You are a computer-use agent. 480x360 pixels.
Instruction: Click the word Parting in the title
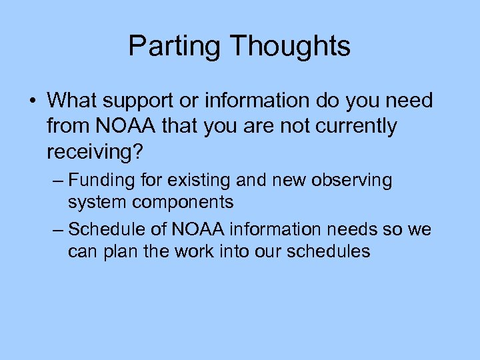coord(175,47)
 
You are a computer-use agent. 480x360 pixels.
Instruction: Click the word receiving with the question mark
coord(94,151)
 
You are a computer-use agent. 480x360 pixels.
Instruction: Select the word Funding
coord(99,180)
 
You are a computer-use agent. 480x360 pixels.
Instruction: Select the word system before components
coord(95,201)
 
